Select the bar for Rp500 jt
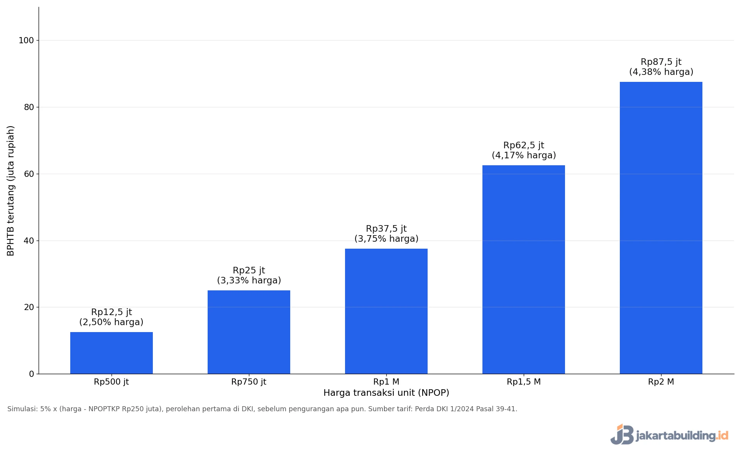pos(112,353)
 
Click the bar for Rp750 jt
pos(249,332)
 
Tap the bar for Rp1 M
pos(386,311)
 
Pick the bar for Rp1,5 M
pos(524,270)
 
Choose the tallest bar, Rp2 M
pos(661,228)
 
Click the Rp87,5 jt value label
pos(661,62)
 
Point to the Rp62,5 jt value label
pos(524,145)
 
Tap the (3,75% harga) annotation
pos(386,239)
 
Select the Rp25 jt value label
pos(249,270)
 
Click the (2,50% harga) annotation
pos(112,322)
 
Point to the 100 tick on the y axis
pos(26,40)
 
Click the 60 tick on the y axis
pos(29,174)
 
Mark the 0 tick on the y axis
pos(32,374)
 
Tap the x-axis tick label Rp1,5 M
pos(524,382)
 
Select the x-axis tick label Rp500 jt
pos(112,382)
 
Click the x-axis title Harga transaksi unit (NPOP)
pos(386,393)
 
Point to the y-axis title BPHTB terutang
pos(10,219)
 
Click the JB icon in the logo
pos(622,434)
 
